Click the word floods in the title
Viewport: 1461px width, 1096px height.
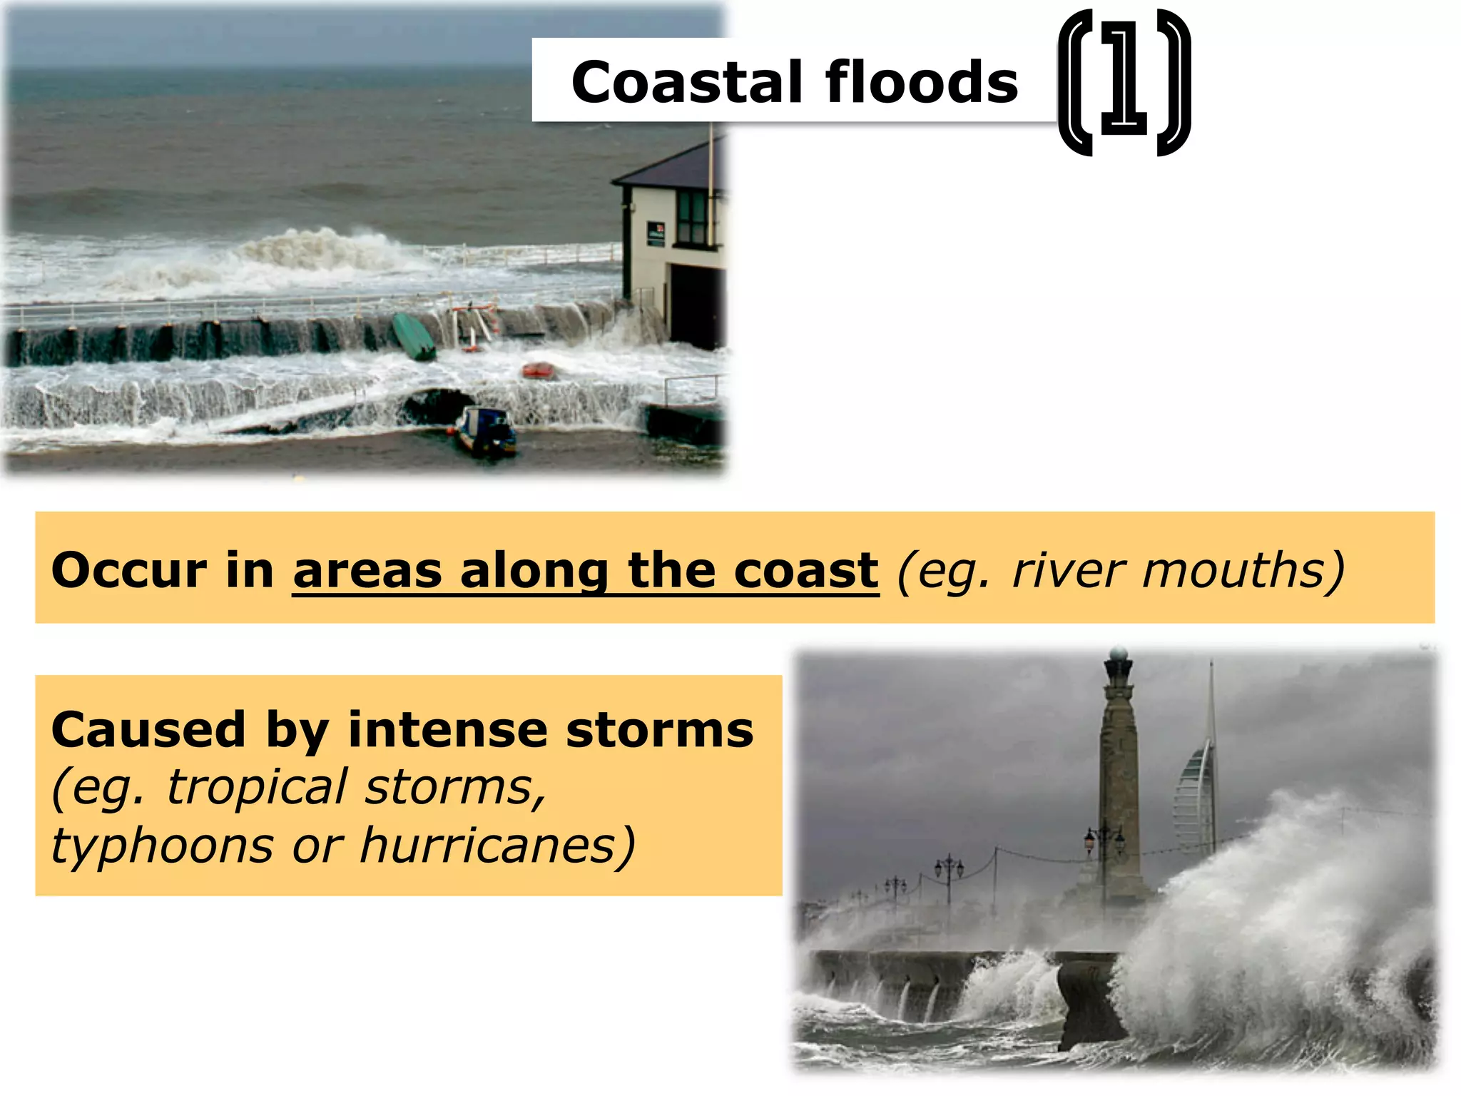[x=922, y=83]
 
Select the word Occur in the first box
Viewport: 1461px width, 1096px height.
[x=129, y=571]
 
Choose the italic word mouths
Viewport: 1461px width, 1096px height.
[x=1242, y=571]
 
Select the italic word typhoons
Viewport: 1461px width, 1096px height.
[x=163, y=846]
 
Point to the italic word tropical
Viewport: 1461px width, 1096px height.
[x=257, y=788]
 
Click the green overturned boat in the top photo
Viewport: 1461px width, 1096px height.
[x=414, y=336]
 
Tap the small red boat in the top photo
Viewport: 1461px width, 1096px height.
[x=539, y=370]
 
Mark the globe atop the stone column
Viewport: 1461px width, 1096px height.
[x=1119, y=654]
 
